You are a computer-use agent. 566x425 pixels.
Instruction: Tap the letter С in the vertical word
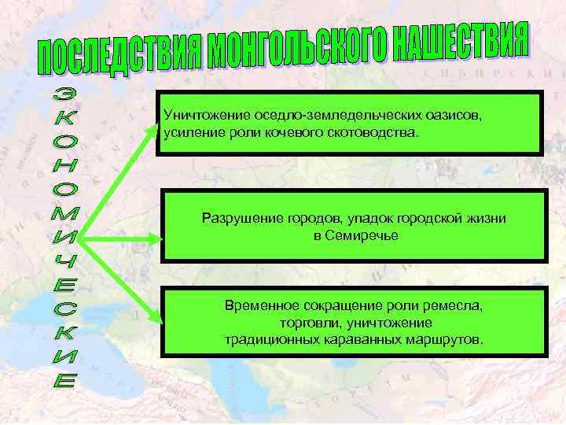pyautogui.click(x=67, y=300)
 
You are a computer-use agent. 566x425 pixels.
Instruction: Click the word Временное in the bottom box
pyautogui.click(x=262, y=305)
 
